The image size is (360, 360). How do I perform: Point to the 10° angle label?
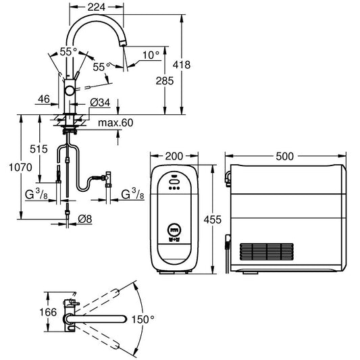[x=152, y=55]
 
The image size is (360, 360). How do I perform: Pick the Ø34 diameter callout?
[x=101, y=101]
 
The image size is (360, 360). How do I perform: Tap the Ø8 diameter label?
[x=86, y=218]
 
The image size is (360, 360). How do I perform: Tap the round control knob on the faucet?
[x=70, y=91]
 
